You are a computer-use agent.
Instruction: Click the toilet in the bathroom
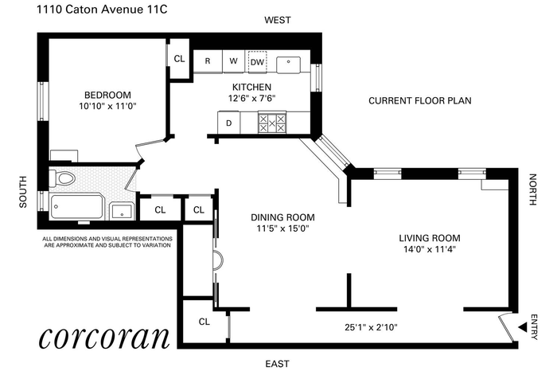[x=62, y=178]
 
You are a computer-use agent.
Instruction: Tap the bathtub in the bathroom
[x=77, y=206]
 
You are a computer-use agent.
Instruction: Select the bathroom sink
[x=123, y=211]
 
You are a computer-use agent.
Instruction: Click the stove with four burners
[x=272, y=123]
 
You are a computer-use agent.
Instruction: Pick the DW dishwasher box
[x=257, y=62]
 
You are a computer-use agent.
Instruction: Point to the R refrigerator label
[x=208, y=61]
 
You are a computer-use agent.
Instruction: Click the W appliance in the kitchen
[x=233, y=61]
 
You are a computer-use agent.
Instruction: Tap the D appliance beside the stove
[x=229, y=123]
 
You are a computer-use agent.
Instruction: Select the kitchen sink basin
[x=288, y=64]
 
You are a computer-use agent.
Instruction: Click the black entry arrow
[x=522, y=327]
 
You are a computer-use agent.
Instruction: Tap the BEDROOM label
[x=107, y=95]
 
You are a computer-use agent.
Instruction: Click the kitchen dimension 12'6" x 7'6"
[x=252, y=98]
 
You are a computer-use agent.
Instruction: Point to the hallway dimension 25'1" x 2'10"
[x=371, y=327]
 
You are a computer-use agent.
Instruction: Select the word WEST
[x=278, y=20]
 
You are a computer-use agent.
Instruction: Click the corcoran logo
[x=104, y=337]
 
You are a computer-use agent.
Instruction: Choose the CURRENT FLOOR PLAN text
[x=420, y=100]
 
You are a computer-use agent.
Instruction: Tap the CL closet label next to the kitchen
[x=179, y=59]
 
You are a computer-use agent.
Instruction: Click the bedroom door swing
[x=139, y=149]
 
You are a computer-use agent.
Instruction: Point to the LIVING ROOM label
[x=430, y=238]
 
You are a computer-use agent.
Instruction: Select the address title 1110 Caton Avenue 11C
[x=102, y=10]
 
